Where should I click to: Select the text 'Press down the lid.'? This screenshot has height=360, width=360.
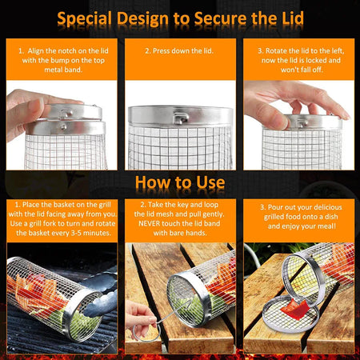(x=180, y=50)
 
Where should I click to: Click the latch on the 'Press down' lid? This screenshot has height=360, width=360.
(x=182, y=118)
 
